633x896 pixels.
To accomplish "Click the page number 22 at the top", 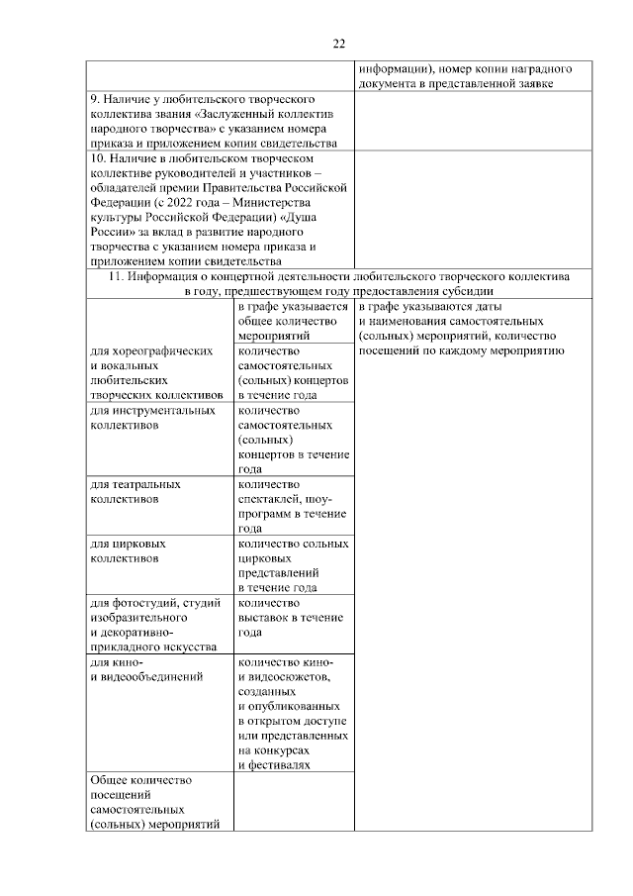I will click(338, 43).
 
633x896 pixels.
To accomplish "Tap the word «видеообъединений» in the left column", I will click(151, 677).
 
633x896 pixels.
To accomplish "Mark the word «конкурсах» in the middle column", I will click(272, 750).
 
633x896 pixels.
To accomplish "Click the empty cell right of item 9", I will click(464, 122).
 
